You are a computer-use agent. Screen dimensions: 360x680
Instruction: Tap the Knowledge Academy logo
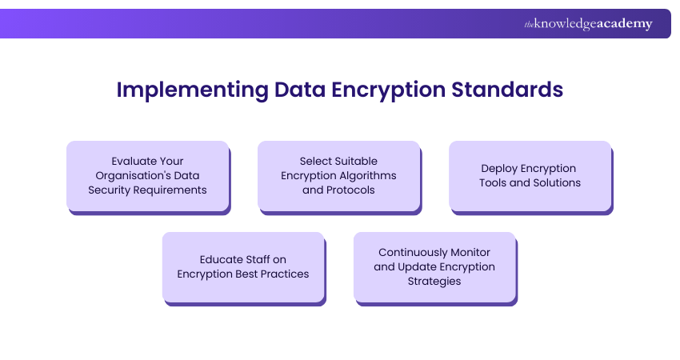click(588, 24)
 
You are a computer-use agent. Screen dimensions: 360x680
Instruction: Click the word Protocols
click(352, 190)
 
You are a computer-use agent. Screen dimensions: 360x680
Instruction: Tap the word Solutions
click(555, 182)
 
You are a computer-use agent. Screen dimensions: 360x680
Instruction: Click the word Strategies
click(434, 281)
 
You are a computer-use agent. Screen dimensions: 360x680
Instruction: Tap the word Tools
click(497, 182)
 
